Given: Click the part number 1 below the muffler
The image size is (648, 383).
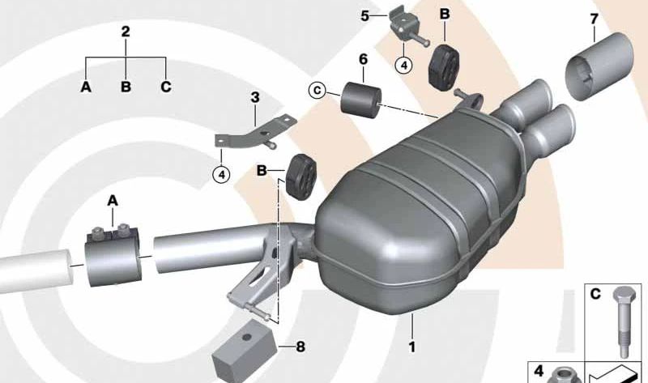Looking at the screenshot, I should pos(411,348).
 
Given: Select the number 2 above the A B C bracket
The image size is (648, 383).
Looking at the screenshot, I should pos(126,32).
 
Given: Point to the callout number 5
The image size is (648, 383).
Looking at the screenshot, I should pos(365,15).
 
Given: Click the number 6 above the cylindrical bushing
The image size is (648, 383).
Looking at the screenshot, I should pos(362,59).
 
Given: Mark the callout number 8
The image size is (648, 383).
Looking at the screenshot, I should pos(300,348).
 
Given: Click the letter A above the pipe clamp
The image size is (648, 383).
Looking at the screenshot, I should pos(113,200).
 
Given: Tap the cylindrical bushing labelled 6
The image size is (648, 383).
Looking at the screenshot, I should pos(361,98).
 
